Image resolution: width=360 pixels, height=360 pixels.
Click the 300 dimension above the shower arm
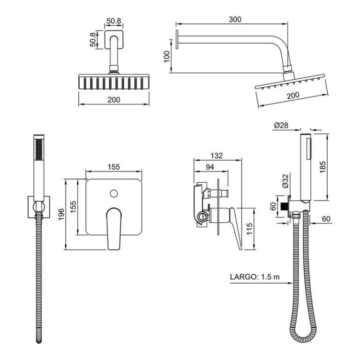click(235, 20)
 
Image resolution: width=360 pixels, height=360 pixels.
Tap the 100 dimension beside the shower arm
click(167, 56)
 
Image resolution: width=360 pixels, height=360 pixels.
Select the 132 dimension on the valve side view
click(217, 156)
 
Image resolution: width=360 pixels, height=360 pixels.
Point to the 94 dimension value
click(210, 167)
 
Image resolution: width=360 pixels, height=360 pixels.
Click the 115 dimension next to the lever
click(249, 229)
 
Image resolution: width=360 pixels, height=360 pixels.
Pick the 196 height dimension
click(61, 214)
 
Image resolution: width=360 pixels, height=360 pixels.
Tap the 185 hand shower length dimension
click(322, 167)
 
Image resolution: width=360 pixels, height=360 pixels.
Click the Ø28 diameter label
click(281, 125)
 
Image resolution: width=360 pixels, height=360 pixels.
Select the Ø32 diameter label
click(285, 181)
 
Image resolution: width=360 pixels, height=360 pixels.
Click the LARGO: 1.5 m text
click(255, 277)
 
